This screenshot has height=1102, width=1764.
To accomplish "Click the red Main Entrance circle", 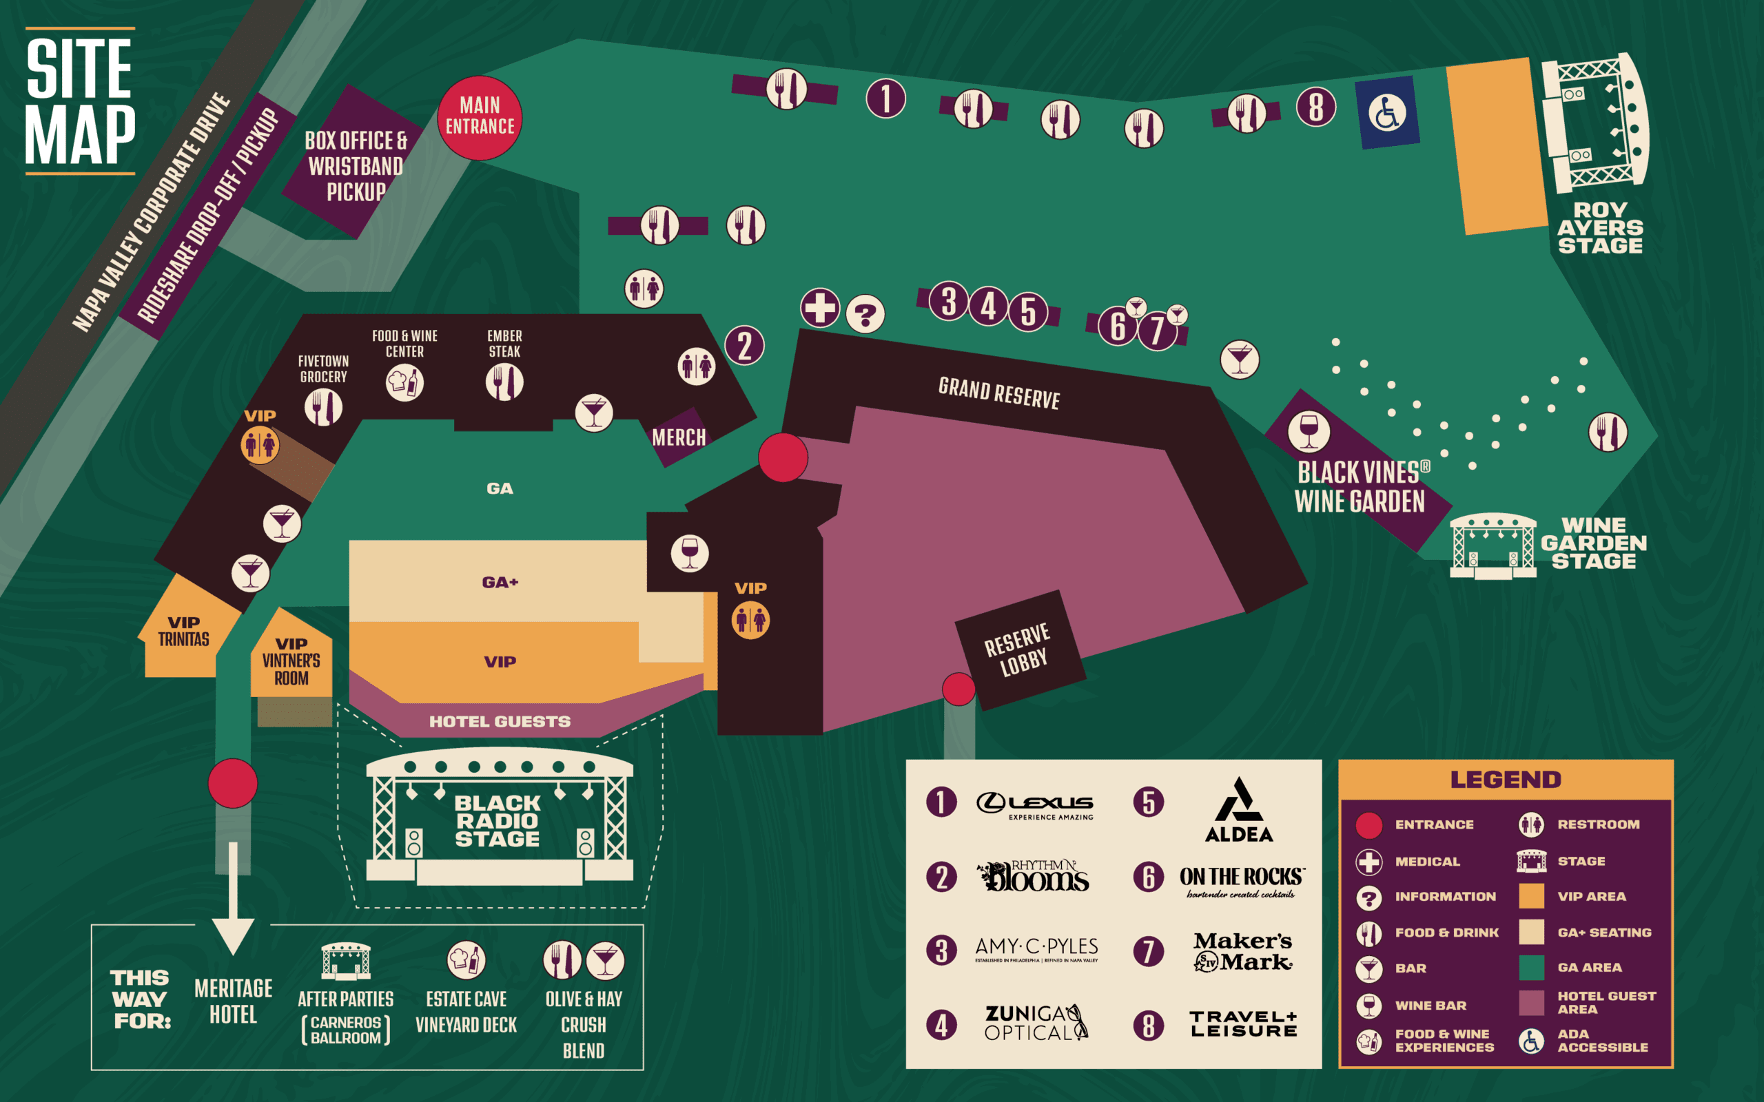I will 480,117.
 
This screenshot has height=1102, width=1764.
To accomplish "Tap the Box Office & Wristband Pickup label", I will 355,165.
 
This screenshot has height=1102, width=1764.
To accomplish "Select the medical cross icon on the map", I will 820,308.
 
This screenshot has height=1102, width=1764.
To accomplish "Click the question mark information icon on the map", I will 865,315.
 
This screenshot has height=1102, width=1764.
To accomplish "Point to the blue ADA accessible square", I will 1386,112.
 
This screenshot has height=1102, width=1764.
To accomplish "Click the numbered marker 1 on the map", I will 885,98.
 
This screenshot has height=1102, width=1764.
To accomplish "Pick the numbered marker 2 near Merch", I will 744,346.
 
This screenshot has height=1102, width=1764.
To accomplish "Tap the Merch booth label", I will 679,437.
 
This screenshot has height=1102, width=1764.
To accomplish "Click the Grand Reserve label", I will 998,393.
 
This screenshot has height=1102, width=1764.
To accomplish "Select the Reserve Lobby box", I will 1018,650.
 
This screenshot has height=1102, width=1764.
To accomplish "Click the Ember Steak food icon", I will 504,382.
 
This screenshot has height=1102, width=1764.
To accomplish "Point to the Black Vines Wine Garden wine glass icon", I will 1309,431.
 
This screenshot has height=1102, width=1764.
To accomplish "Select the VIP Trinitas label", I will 184,631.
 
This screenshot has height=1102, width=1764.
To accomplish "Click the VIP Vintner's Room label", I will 291,661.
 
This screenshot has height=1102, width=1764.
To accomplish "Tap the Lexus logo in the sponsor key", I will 1034,804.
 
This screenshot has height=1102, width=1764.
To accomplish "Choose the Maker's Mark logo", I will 1243,952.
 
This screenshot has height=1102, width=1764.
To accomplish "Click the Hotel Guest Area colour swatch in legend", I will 1532,1003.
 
